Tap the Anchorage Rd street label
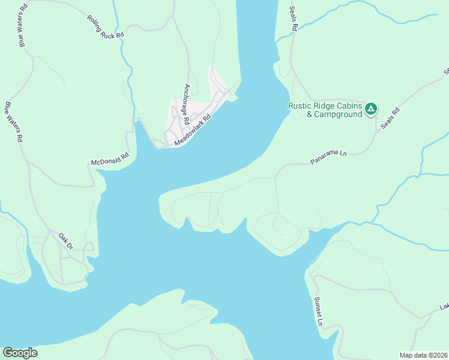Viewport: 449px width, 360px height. coord(187,103)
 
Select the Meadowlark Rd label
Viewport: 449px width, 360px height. coord(193,130)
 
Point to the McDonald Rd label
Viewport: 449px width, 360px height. coord(110,160)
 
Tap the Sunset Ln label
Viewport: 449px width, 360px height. coord(319,311)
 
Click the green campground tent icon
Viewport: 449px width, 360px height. coord(371,109)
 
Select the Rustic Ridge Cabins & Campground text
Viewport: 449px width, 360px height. coord(325,110)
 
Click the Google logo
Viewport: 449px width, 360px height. coord(20,353)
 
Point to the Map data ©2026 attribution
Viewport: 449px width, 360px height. coord(424,355)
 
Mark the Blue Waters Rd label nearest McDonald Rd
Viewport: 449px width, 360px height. coord(13,122)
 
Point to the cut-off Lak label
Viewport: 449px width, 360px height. coord(444,307)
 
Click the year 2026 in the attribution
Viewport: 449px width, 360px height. coord(439,355)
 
